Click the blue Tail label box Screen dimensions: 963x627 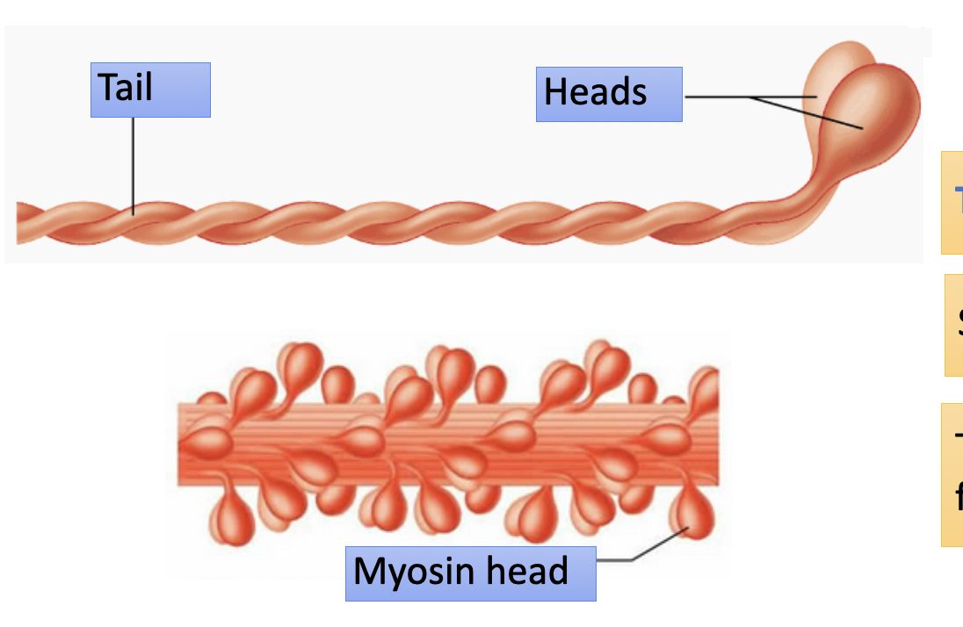(x=150, y=90)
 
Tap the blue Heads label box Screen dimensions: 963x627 (x=609, y=94)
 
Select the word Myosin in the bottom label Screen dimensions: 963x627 (x=408, y=573)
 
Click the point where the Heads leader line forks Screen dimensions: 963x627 (x=751, y=97)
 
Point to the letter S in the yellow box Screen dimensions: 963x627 (x=957, y=325)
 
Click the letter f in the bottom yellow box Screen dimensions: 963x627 (x=958, y=499)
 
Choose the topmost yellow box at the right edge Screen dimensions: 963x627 (x=952, y=203)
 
